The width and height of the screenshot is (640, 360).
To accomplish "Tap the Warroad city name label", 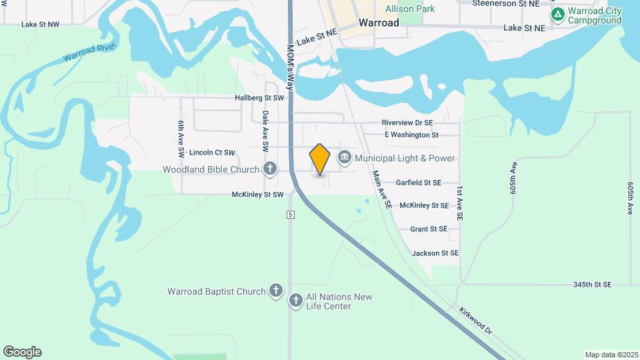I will (379, 23).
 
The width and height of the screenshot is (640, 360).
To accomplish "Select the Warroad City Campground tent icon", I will (558, 13).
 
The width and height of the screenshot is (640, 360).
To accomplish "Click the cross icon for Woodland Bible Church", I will (269, 169).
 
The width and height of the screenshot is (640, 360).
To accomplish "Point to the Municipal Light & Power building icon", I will (345, 158).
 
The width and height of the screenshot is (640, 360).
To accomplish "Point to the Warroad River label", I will (89, 53).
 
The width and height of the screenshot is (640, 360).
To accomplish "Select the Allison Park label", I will (410, 9).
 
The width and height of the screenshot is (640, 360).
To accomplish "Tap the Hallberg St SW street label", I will (259, 98).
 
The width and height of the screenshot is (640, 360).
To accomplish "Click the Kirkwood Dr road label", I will (475, 321).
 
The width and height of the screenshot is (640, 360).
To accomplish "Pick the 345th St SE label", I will (592, 285).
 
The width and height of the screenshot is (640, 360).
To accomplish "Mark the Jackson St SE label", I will (435, 253).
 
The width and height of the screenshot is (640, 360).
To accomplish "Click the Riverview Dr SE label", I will (407, 123).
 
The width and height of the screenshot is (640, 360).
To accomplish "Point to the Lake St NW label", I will (40, 24).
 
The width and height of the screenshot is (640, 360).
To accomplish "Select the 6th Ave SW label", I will (180, 135).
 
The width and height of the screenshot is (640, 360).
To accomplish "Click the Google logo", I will (22, 352).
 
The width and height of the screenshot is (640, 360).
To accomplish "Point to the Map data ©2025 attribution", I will (611, 355).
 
